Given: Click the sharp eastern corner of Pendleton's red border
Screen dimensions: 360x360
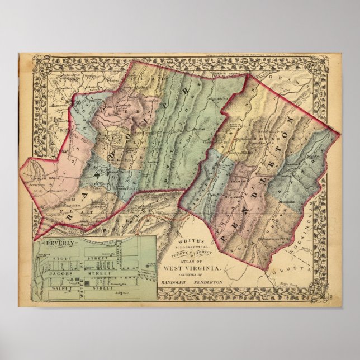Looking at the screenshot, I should pos(339,134).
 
